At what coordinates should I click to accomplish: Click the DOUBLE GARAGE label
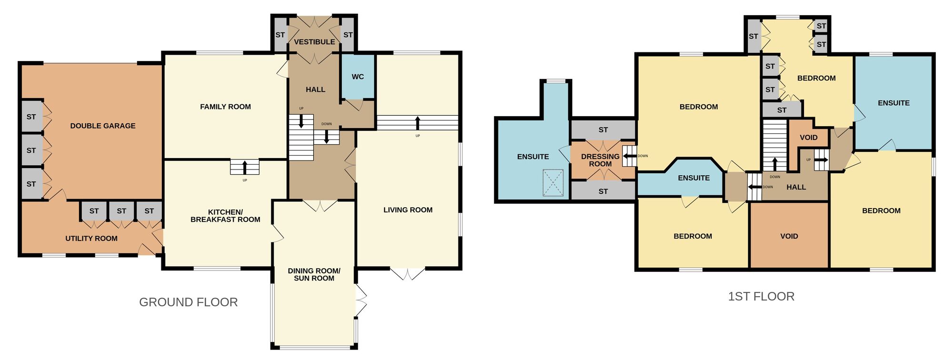tap(103, 126)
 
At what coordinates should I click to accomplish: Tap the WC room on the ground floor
tap(357, 77)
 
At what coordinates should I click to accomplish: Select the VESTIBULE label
tap(314, 42)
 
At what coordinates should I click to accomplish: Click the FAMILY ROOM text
tap(225, 107)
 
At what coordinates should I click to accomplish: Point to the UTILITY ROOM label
tap(91, 238)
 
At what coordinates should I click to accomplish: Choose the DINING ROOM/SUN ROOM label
tap(314, 274)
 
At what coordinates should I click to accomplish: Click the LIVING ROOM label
tap(408, 210)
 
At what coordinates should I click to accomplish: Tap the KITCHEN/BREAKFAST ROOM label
tap(225, 216)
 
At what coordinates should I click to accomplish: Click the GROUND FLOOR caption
tap(188, 302)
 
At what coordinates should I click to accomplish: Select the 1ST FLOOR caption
tap(761, 296)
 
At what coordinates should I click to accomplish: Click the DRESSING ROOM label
tap(600, 160)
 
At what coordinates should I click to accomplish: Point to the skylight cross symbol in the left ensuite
tap(553, 183)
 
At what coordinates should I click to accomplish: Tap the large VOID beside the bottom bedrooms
tap(789, 236)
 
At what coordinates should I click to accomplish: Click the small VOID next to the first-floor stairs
tap(808, 138)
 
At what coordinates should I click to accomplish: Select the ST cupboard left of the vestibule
tap(280, 35)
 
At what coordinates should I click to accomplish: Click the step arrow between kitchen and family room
tap(245, 168)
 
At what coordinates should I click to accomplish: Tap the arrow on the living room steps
tap(417, 122)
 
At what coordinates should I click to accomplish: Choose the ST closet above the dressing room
tap(603, 130)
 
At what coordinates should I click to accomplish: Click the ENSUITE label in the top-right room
tap(893, 103)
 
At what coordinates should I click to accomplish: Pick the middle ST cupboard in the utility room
tap(121, 211)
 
